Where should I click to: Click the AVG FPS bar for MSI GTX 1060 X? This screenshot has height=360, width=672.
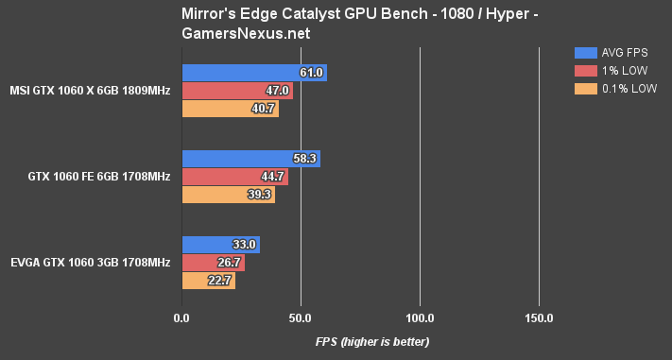[x=253, y=73]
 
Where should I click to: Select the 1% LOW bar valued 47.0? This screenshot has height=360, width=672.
[x=236, y=91]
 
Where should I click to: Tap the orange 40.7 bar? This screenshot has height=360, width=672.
[x=229, y=109]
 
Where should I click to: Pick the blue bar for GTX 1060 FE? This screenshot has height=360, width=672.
[x=250, y=159]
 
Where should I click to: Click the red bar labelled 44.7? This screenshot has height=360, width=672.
[x=233, y=177]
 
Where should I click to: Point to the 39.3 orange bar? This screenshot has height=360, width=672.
[x=227, y=195]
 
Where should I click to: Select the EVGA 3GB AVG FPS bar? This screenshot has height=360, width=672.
[x=219, y=245]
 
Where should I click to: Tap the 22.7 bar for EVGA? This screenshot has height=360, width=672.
[x=207, y=281]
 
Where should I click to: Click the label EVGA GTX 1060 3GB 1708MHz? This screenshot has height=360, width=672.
[x=90, y=263]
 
